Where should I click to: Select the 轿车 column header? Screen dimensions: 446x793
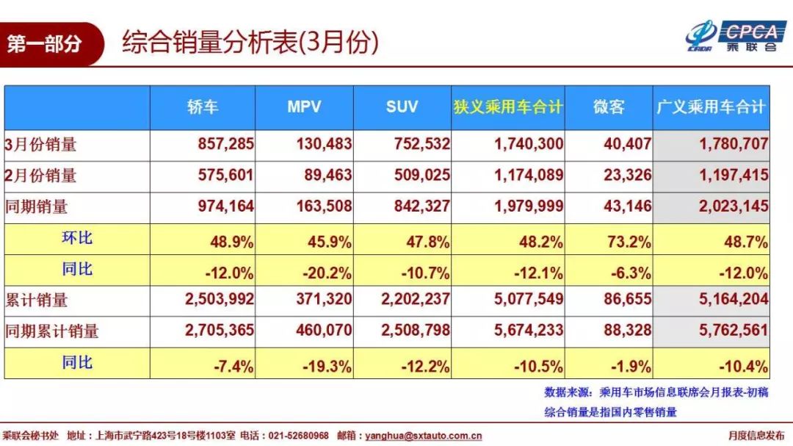tap(203, 107)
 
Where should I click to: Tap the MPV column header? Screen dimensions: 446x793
tap(304, 107)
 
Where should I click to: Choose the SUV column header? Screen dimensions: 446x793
tap(402, 107)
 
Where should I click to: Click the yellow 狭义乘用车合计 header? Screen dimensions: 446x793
tap(508, 107)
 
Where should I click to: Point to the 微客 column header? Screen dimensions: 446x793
tap(609, 107)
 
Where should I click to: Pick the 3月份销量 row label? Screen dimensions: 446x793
tap(41, 145)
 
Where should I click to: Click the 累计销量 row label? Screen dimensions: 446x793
tap(37, 300)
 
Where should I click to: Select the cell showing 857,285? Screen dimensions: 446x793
tap(225, 145)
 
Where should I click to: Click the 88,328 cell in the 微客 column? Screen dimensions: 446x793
tap(627, 331)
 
